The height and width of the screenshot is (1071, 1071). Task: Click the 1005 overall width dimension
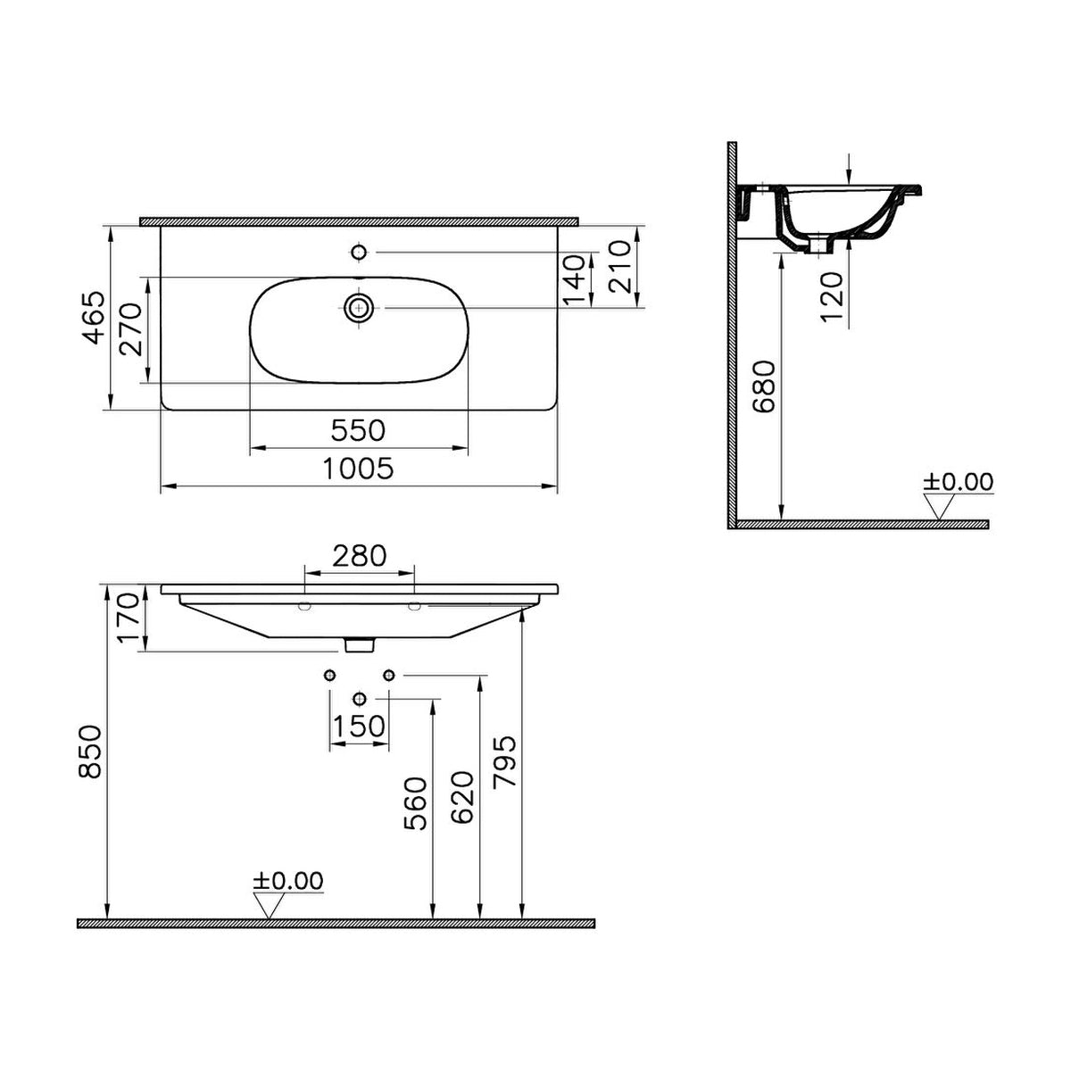point(358,469)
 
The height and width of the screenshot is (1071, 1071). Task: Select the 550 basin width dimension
point(358,430)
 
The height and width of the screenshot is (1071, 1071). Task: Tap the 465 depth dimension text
point(92,318)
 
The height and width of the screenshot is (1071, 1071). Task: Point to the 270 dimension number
point(131,329)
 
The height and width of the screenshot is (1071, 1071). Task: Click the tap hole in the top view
point(359,253)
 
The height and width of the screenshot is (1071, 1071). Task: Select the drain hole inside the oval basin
point(359,307)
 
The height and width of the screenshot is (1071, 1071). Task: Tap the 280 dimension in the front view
point(359,556)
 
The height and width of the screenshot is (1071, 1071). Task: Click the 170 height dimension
point(128,617)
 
